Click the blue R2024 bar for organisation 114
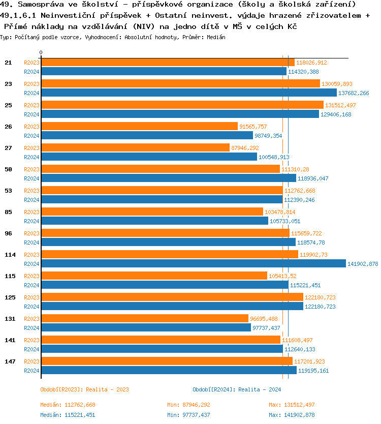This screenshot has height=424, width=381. pos(193,263)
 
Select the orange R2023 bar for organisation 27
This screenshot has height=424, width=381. pos(135,147)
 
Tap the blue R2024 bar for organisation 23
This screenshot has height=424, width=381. pos(188,93)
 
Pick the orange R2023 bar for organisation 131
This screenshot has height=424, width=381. pos(145,318)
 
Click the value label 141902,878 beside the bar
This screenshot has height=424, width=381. pos(363,263)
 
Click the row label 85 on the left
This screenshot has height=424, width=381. pos(8,212)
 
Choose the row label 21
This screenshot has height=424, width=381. pos(8,63)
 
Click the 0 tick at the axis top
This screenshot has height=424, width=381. pos(41,52)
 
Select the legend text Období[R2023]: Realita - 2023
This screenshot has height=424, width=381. pos(84,389)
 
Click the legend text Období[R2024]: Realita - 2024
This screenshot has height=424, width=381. pos(237,389)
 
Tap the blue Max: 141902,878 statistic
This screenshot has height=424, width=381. pos(292,415)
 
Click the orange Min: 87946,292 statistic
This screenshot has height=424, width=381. pos(188,405)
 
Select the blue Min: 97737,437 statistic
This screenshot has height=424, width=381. pos(188,415)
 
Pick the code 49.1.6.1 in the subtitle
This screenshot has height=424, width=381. pos(19,15)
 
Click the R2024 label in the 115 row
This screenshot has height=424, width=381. pos(31,285)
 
